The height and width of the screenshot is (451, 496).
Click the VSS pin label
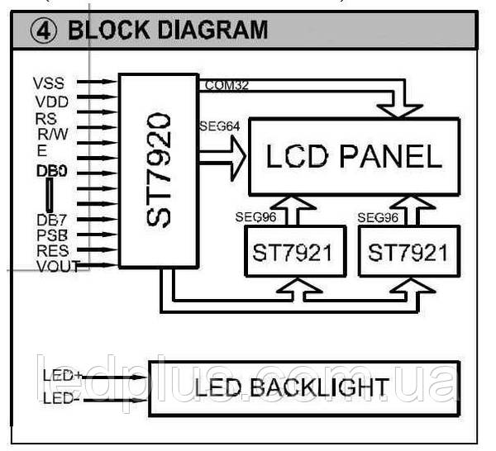[x=49, y=83]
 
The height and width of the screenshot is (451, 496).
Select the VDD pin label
[x=51, y=102]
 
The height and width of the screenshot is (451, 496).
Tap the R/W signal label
[x=53, y=134]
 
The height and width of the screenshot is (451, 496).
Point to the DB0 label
[x=52, y=171]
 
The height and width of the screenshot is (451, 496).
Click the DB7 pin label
[x=52, y=220]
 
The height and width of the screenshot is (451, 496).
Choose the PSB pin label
[x=52, y=235]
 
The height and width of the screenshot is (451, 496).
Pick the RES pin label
[x=53, y=250]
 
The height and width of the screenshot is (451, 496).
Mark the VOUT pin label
[x=59, y=266]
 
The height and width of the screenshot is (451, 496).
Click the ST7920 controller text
[x=159, y=170]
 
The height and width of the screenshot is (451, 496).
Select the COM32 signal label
[x=227, y=85]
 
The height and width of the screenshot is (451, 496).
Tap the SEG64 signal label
[x=220, y=126]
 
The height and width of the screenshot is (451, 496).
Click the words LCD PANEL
[x=354, y=156]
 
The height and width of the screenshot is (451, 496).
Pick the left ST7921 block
[x=296, y=251]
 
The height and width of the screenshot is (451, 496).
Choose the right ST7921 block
[x=409, y=251]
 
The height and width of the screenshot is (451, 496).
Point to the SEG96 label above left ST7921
[x=255, y=217]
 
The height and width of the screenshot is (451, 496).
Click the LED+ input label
[x=63, y=376]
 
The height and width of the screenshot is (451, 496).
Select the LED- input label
[x=61, y=398]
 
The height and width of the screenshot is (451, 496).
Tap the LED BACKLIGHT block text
[x=291, y=387]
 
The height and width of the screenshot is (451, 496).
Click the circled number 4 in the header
[x=44, y=31]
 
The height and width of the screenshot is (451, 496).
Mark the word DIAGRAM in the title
[x=212, y=30]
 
